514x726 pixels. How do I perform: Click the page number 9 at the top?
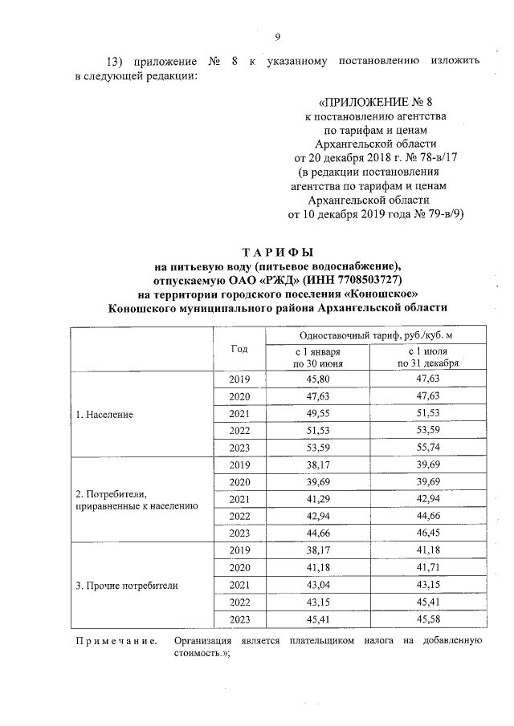pyautogui.click(x=277, y=37)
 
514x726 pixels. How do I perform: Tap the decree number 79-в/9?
pyautogui.click(x=443, y=214)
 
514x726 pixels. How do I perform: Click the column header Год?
pyautogui.click(x=239, y=349)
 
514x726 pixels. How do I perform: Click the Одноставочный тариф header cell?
pyautogui.click(x=369, y=335)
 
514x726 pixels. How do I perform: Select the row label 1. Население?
pyautogui.click(x=104, y=416)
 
